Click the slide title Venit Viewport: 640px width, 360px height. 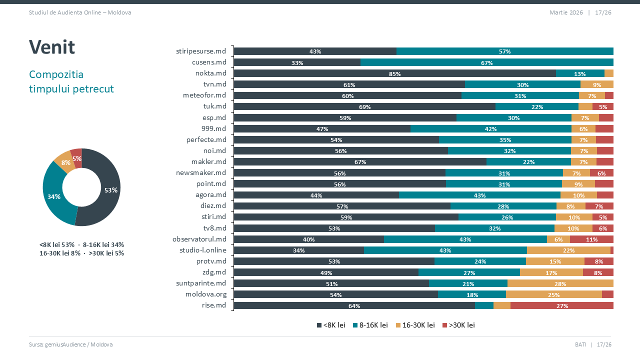pos(52,47)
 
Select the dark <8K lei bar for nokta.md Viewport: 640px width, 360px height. pos(394,73)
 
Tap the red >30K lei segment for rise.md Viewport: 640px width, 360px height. pos(561,305)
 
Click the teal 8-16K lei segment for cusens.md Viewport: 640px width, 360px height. pos(486,62)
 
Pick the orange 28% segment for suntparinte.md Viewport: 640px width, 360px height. pos(560,283)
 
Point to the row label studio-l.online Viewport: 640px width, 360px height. pos(202,250)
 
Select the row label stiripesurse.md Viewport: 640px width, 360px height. pos(201,51)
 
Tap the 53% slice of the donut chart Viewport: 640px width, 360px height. pos(108,190)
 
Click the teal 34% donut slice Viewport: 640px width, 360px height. pos(53,196)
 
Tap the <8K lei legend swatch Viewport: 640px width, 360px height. pos(319,325)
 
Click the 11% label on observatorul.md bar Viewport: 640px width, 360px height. pos(591,239)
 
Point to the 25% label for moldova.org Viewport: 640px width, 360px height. pos(553,294)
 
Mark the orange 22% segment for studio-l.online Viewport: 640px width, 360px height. pos(568,250)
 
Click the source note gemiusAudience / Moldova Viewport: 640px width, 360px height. pos(71,344)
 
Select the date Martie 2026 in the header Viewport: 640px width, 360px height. pos(566,12)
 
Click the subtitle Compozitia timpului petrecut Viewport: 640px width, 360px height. pos(71,81)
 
